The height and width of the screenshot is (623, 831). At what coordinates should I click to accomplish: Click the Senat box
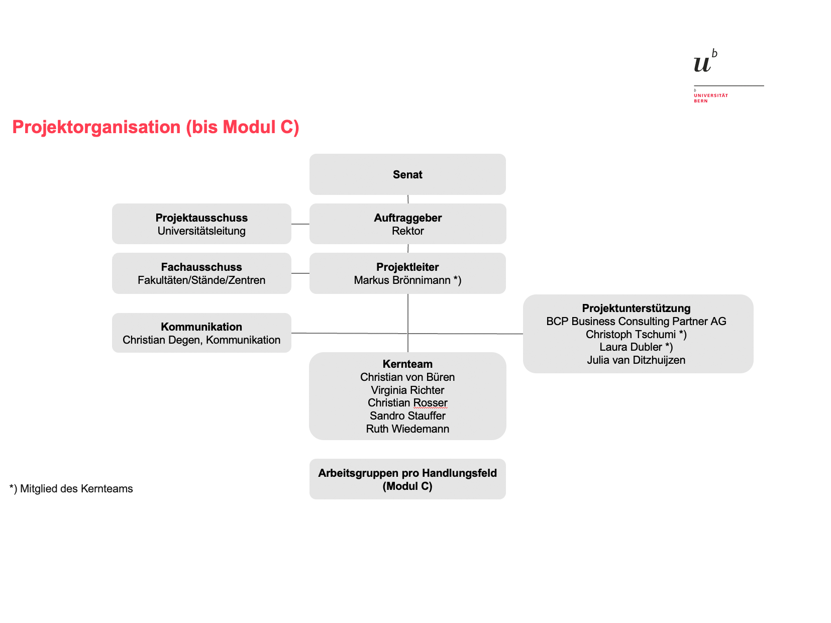[407, 174]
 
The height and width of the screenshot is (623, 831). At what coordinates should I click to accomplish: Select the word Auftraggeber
[408, 218]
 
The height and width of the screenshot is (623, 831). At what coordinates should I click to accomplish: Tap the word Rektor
[408, 231]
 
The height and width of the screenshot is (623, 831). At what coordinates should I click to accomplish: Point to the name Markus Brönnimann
[402, 280]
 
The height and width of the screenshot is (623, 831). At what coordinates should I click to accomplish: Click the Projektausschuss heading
[201, 218]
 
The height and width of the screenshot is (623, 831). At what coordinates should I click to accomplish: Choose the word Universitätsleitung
[201, 231]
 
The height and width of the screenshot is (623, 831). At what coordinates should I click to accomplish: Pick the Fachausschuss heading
[201, 267]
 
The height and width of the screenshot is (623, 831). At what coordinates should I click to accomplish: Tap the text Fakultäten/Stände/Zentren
[201, 280]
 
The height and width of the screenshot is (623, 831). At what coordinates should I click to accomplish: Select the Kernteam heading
[407, 364]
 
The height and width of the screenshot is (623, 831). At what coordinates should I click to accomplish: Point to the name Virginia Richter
[407, 390]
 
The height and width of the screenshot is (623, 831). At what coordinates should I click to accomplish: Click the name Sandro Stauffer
[407, 416]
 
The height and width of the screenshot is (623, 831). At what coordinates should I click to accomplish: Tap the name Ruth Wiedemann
[407, 429]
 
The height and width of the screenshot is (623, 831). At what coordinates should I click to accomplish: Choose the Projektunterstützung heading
[636, 308]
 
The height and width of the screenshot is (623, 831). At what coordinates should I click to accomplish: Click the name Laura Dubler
[631, 347]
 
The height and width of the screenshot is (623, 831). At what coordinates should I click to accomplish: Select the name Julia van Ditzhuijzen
[636, 360]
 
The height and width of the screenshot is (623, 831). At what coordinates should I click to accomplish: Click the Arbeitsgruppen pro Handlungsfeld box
[407, 479]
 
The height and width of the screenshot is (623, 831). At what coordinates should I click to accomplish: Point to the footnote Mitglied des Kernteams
[76, 489]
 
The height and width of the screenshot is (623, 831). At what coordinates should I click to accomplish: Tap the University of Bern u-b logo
[705, 61]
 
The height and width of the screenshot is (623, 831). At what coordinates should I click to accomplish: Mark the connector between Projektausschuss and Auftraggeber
[300, 224]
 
